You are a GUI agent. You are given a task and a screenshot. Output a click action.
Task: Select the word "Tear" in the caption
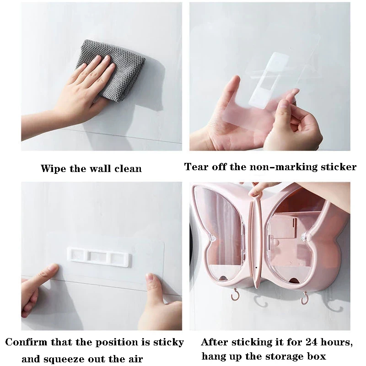[196, 167]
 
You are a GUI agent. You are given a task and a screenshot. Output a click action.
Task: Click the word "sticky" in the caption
[168, 342]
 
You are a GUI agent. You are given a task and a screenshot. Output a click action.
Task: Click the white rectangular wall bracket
[99, 257]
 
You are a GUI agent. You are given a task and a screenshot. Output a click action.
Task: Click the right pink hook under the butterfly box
[304, 298]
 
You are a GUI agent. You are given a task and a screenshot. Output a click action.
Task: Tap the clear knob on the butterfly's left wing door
[212, 237]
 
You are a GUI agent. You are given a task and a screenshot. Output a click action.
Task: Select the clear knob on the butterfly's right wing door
[304, 237]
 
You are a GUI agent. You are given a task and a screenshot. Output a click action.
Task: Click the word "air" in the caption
[135, 359]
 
